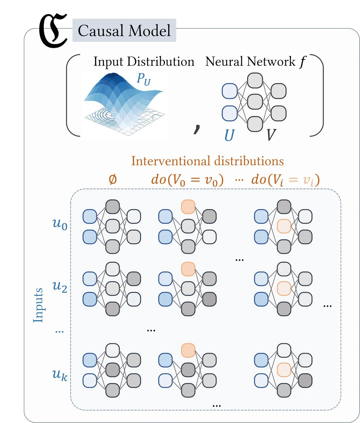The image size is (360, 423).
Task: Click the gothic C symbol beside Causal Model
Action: click(x=53, y=31)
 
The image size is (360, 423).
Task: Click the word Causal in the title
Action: click(x=101, y=30)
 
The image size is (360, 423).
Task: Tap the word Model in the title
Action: click(x=150, y=30)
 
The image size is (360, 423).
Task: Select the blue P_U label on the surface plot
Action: click(x=144, y=80)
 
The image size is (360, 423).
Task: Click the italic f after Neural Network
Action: click(x=302, y=62)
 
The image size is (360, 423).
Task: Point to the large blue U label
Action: click(x=229, y=135)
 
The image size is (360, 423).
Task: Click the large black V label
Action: click(x=271, y=135)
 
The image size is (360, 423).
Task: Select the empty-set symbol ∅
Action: click(x=113, y=179)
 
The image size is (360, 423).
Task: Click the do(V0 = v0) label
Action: click(x=187, y=180)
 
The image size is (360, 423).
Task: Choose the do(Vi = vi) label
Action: click(x=285, y=180)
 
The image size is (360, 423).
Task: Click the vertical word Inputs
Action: click(x=38, y=305)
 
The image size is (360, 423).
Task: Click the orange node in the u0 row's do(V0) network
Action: click(x=188, y=207)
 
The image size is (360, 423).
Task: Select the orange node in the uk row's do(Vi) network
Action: click(x=284, y=370)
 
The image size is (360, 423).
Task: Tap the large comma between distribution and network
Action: click(x=197, y=129)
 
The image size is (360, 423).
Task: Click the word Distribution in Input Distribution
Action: click(x=161, y=62)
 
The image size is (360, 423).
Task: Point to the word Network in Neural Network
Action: click(x=271, y=62)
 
